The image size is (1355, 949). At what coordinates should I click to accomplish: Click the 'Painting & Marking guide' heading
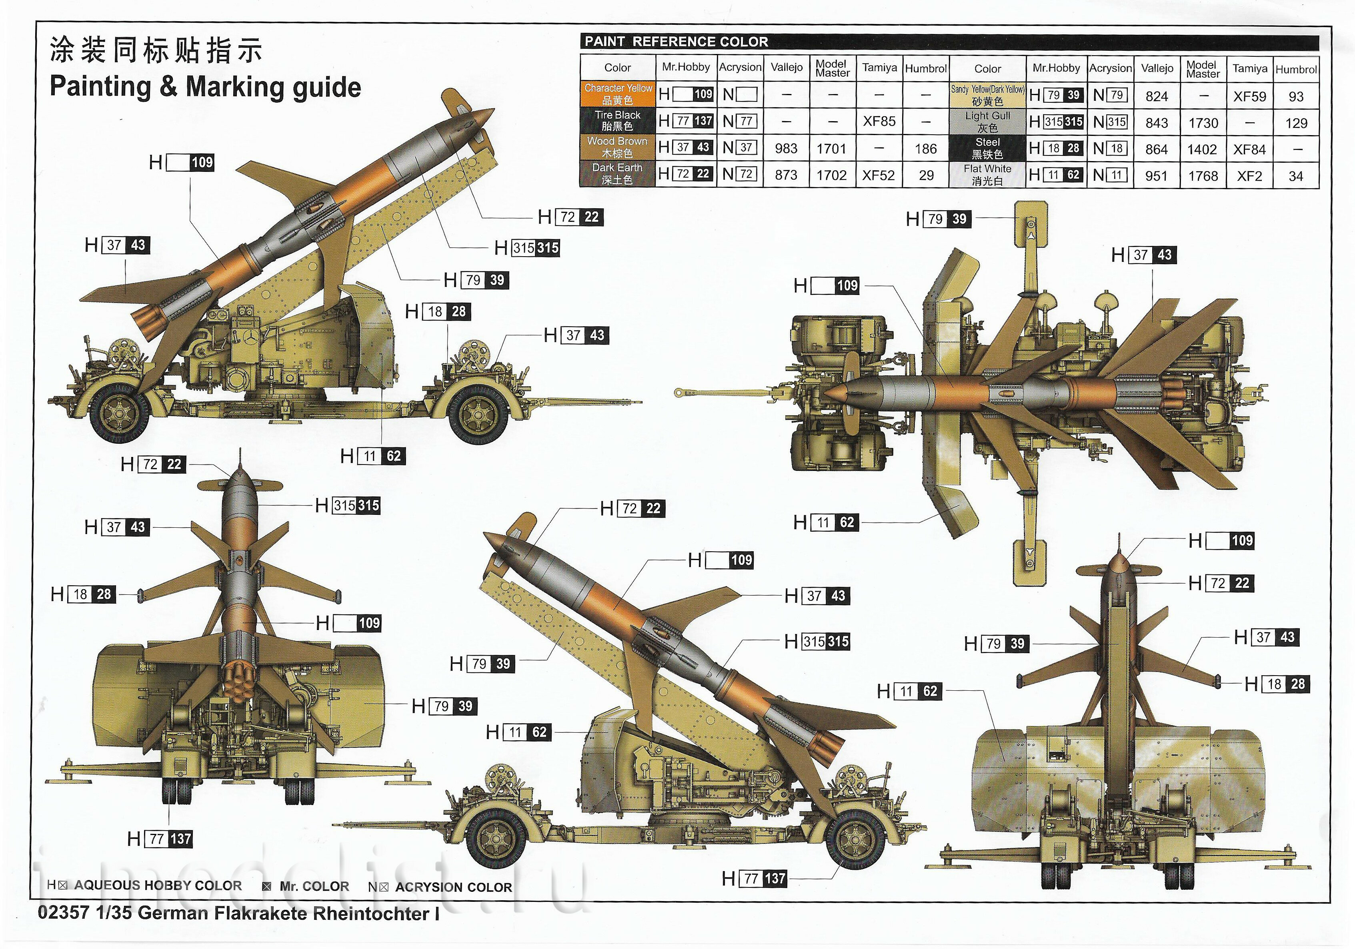click(205, 87)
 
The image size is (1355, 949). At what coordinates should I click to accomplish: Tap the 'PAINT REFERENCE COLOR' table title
click(676, 42)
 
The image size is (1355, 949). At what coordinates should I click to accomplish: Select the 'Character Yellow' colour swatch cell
click(617, 94)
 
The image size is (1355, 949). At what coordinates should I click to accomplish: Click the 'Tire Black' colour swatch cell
click(617, 121)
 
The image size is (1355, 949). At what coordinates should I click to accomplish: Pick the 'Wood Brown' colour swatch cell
click(617, 148)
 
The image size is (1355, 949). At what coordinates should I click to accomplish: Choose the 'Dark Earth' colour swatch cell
click(617, 174)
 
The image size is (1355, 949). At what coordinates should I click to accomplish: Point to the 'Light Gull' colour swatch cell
click(987, 122)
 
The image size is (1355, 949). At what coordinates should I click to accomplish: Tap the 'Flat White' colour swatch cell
click(987, 175)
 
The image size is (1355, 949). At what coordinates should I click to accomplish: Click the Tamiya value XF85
click(879, 122)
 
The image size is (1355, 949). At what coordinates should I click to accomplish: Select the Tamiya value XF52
click(879, 175)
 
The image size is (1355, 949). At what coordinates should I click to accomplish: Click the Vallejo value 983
click(786, 149)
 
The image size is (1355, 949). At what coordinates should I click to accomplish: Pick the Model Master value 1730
click(1203, 123)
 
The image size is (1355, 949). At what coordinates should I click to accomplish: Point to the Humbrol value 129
click(1296, 123)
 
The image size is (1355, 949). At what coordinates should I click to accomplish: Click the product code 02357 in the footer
click(63, 913)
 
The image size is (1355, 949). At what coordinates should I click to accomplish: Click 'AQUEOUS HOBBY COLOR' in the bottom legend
click(158, 886)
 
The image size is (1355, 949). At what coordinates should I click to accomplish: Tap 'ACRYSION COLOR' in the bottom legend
click(453, 887)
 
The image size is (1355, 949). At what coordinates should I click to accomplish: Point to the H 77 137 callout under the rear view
click(160, 839)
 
